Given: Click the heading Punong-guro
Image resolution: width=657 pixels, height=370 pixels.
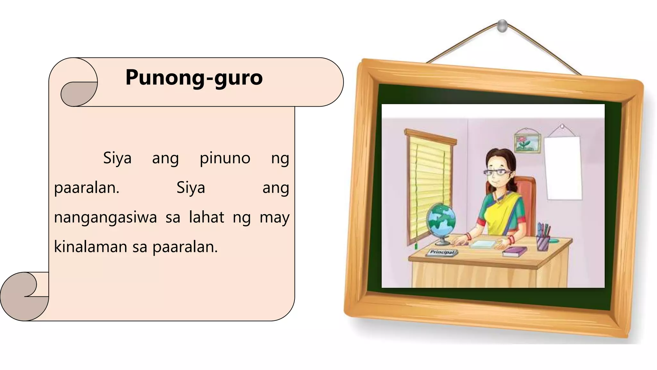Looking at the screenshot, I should [194, 77].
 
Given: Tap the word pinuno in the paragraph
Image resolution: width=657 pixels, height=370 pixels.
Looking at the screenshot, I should [225, 158].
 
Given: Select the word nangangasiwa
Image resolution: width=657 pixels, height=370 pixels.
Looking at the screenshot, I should [105, 217].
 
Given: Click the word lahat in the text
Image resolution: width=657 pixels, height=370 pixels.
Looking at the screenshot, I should [206, 217].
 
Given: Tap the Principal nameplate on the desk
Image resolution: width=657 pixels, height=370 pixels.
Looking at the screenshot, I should [442, 252].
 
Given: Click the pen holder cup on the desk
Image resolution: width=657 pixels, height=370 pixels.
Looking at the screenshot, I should [543, 243].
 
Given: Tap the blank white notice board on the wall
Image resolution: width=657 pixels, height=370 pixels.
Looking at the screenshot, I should [564, 168].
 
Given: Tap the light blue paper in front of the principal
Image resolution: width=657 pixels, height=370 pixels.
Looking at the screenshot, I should [483, 244].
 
